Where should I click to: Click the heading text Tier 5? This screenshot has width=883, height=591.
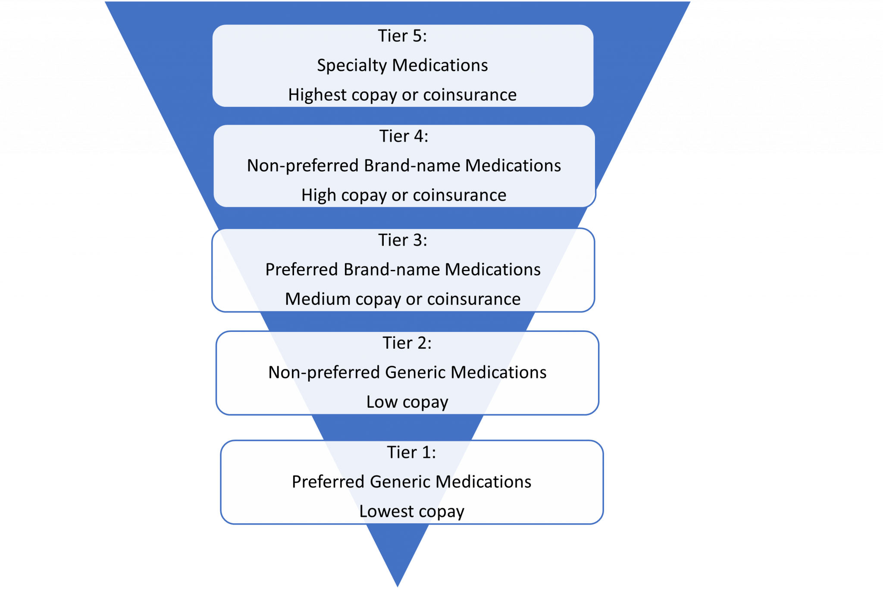(402, 36)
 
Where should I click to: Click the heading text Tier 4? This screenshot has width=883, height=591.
(404, 136)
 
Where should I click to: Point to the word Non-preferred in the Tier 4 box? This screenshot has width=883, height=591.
(303, 166)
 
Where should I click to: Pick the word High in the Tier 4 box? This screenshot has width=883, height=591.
(319, 195)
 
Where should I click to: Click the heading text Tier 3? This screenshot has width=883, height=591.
(402, 240)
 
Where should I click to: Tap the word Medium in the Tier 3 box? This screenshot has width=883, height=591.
(317, 299)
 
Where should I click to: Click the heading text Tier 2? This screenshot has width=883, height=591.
(407, 343)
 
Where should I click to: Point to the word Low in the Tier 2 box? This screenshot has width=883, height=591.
(382, 402)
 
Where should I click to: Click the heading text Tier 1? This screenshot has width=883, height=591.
(411, 452)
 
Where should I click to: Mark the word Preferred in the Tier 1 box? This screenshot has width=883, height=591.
(328, 482)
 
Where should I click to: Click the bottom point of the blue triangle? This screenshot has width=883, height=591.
(398, 587)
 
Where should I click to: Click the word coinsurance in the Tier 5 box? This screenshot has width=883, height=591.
(470, 95)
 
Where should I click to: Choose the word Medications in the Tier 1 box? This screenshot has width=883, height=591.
(484, 482)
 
